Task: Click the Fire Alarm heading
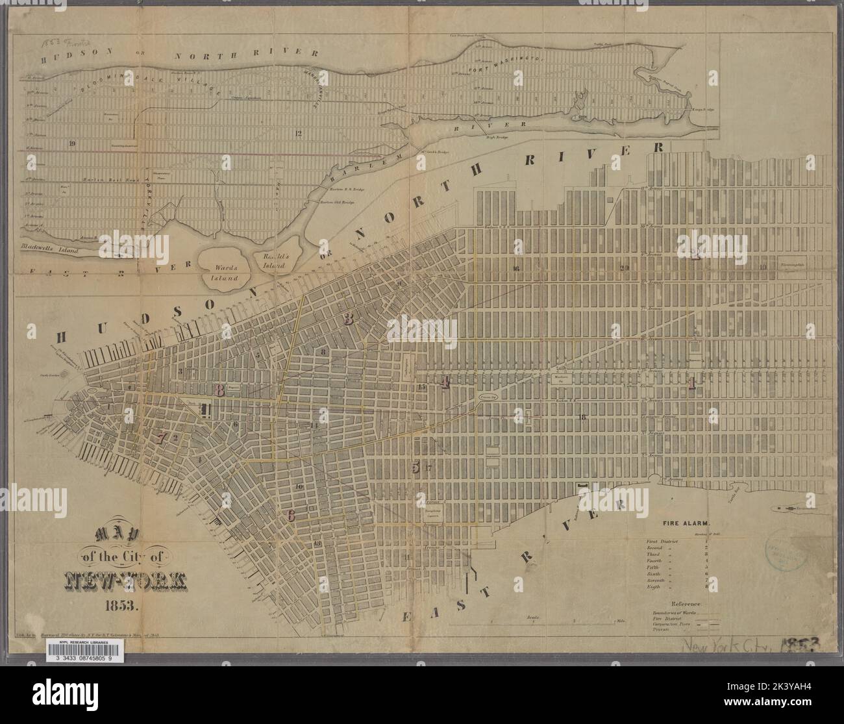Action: click(687, 522)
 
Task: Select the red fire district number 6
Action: click(291, 516)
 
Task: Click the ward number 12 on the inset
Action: click(298, 134)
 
